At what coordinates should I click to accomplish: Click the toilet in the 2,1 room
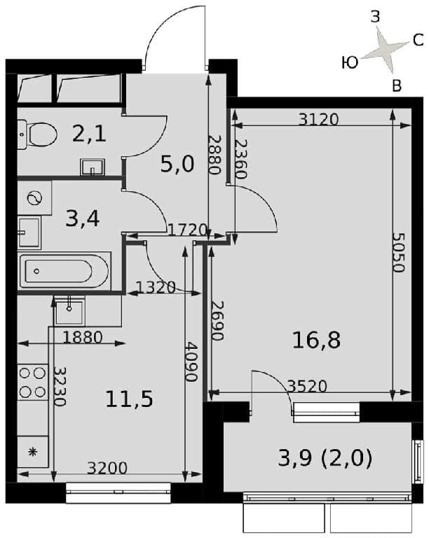[x=37, y=134]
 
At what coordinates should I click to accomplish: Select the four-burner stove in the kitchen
[x=33, y=382]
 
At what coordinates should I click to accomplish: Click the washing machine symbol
[x=34, y=198]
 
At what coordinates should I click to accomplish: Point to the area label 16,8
[x=316, y=340]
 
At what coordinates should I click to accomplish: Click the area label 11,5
[x=129, y=399]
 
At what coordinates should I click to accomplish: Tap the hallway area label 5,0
[x=177, y=164]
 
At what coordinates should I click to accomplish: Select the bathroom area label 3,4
[x=83, y=219]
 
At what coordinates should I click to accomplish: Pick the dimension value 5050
[x=398, y=252]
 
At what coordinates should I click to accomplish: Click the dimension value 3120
[x=318, y=119]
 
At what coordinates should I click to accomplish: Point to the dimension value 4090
[x=191, y=361]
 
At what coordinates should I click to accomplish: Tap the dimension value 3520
[x=307, y=387]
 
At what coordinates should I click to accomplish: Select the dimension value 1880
[x=83, y=338]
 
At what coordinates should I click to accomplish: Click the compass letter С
[x=418, y=41]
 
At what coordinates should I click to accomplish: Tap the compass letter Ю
[x=350, y=63]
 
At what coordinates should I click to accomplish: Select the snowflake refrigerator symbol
[x=33, y=452]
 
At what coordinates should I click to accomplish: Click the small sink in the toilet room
[x=93, y=167]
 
